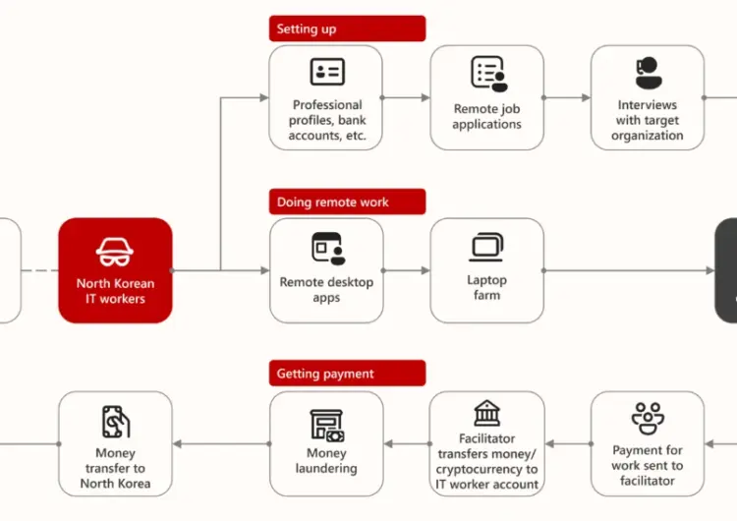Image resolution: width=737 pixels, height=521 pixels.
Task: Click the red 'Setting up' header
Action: tap(347, 29)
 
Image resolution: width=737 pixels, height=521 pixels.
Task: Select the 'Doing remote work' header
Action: tap(347, 202)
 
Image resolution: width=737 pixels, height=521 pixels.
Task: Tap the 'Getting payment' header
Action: tap(347, 374)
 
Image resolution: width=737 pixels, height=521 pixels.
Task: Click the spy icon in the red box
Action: tap(115, 252)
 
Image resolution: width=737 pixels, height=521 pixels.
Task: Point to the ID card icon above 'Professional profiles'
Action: tap(327, 72)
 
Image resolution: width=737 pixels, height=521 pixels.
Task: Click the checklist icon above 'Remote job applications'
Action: tap(489, 74)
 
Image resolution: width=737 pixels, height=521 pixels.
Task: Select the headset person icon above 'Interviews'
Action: tap(649, 73)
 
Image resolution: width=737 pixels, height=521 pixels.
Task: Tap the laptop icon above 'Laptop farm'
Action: tap(486, 247)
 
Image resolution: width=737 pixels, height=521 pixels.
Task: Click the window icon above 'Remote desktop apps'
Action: tap(328, 249)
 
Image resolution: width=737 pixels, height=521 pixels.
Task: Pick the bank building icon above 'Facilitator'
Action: tap(487, 413)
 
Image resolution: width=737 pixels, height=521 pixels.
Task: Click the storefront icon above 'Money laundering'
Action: tap(327, 426)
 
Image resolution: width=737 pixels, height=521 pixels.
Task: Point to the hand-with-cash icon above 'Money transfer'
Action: tap(116, 422)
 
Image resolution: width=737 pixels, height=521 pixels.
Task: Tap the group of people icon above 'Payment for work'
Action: tap(648, 419)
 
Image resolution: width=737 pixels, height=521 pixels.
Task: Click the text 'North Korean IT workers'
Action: tap(115, 291)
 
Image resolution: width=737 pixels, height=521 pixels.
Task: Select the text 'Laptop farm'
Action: tap(487, 287)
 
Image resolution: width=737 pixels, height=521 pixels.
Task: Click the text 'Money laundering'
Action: tap(326, 460)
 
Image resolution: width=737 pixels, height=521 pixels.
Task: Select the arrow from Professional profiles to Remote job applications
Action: tap(406, 97)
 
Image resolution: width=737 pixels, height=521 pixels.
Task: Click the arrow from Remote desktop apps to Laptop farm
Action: tap(407, 270)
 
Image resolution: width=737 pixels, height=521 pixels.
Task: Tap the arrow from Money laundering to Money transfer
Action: tap(222, 443)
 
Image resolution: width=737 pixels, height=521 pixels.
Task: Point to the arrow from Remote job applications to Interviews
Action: tap(567, 97)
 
